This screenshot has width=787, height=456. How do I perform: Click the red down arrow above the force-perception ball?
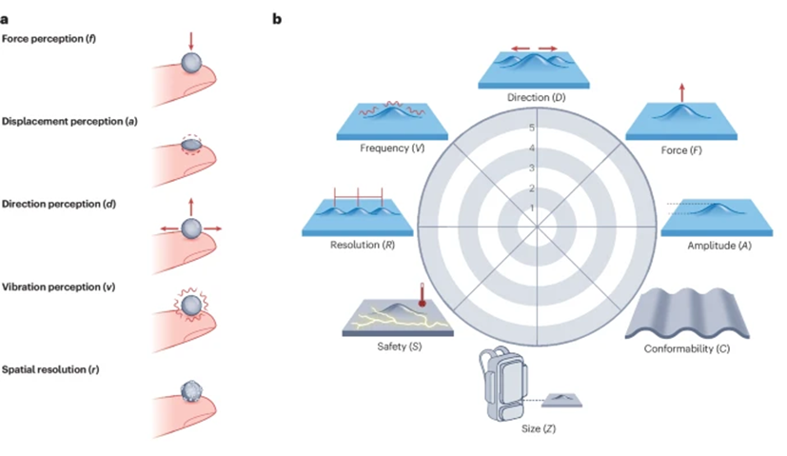(191, 40)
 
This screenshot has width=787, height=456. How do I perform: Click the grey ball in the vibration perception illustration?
(191, 307)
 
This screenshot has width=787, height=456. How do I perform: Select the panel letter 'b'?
(278, 17)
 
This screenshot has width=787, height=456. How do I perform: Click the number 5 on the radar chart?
(532, 128)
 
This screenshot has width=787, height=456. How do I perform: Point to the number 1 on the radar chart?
(532, 207)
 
